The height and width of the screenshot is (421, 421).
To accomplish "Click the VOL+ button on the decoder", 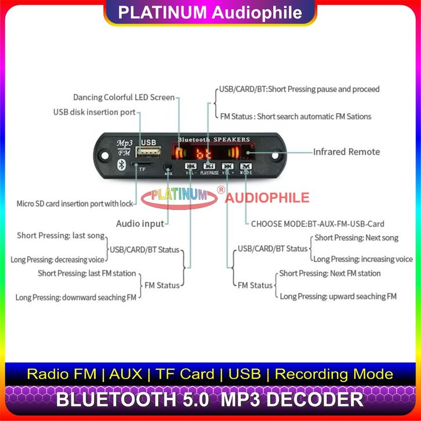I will point(228,166).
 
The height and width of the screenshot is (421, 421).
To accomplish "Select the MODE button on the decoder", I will point(246,166).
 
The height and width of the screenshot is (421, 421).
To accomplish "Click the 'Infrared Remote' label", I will point(346,152).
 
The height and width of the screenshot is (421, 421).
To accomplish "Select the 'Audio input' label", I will point(140,223).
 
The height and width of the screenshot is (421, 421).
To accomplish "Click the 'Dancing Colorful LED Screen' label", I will point(124,97).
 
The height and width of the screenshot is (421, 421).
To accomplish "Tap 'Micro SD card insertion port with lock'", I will point(75,204).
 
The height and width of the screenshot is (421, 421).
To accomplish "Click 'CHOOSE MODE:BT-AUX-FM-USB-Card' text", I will point(317,223).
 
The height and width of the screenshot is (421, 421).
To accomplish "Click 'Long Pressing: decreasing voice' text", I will point(57,259).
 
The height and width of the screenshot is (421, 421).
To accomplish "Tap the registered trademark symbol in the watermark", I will point(220,190).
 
